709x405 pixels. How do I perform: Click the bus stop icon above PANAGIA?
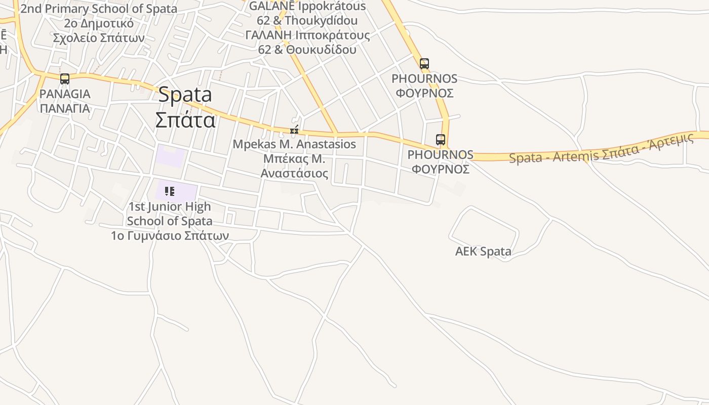[x=65, y=79]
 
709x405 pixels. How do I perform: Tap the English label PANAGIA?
[x=65, y=94]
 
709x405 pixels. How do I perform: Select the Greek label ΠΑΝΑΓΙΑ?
[x=65, y=108]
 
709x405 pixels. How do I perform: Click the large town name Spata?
[x=185, y=95]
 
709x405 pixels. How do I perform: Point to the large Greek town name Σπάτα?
[x=185, y=120]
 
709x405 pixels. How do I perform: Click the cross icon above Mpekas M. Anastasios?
[x=294, y=131]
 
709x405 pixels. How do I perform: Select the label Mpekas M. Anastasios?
[x=294, y=144]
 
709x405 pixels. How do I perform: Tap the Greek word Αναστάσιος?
[x=294, y=174]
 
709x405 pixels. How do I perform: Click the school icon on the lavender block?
[x=170, y=191]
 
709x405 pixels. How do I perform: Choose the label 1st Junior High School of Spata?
[x=170, y=214]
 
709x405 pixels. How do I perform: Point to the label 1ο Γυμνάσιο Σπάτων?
[x=170, y=235]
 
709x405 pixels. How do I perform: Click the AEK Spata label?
[x=483, y=252]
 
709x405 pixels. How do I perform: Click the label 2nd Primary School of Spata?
[x=99, y=9]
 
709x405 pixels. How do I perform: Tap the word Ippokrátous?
[x=331, y=7]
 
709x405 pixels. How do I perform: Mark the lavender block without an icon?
[x=170, y=154]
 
